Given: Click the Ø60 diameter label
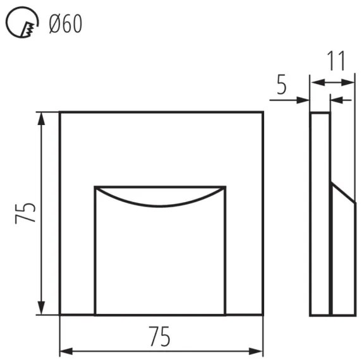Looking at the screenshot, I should point(65,24).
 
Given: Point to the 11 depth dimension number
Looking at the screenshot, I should point(336,61).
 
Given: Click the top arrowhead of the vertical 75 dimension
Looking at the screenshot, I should point(42,117).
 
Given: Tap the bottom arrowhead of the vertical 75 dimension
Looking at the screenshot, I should point(42,309).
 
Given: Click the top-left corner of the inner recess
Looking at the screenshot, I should point(95,187).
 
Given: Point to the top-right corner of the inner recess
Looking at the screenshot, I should point(226,187).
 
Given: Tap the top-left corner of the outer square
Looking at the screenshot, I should point(60,112).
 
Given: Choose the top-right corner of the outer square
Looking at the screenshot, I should point(263,112).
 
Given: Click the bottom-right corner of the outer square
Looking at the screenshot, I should point(263,315).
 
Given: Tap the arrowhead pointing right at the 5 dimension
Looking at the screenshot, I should point(305,99).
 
